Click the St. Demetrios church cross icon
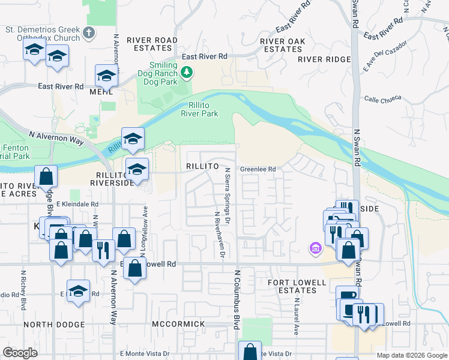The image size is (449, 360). coord(89,32)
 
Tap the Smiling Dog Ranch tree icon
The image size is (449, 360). coord(187,73)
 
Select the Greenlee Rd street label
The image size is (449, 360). coord(258,169)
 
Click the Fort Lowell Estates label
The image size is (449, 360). coord(285,286)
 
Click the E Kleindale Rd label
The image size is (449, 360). coord(77,204)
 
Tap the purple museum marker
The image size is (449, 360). coord(314,247)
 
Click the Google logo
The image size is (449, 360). coord(21,353)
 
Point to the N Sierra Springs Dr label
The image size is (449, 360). coord(228,187)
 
